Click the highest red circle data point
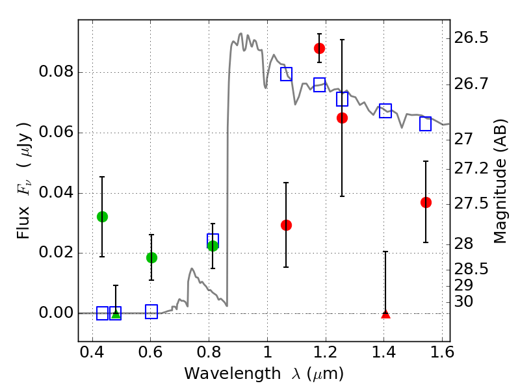point(319,48)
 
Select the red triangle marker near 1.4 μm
point(385,314)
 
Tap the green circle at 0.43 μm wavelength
point(102,216)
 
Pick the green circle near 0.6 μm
point(151,257)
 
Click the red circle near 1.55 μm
point(426,202)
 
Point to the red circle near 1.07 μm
point(286,225)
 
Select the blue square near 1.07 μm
point(286,74)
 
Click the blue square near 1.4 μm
point(385,110)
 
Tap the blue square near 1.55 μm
point(426,124)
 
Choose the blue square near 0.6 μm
point(151,311)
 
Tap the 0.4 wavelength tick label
point(92,355)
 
